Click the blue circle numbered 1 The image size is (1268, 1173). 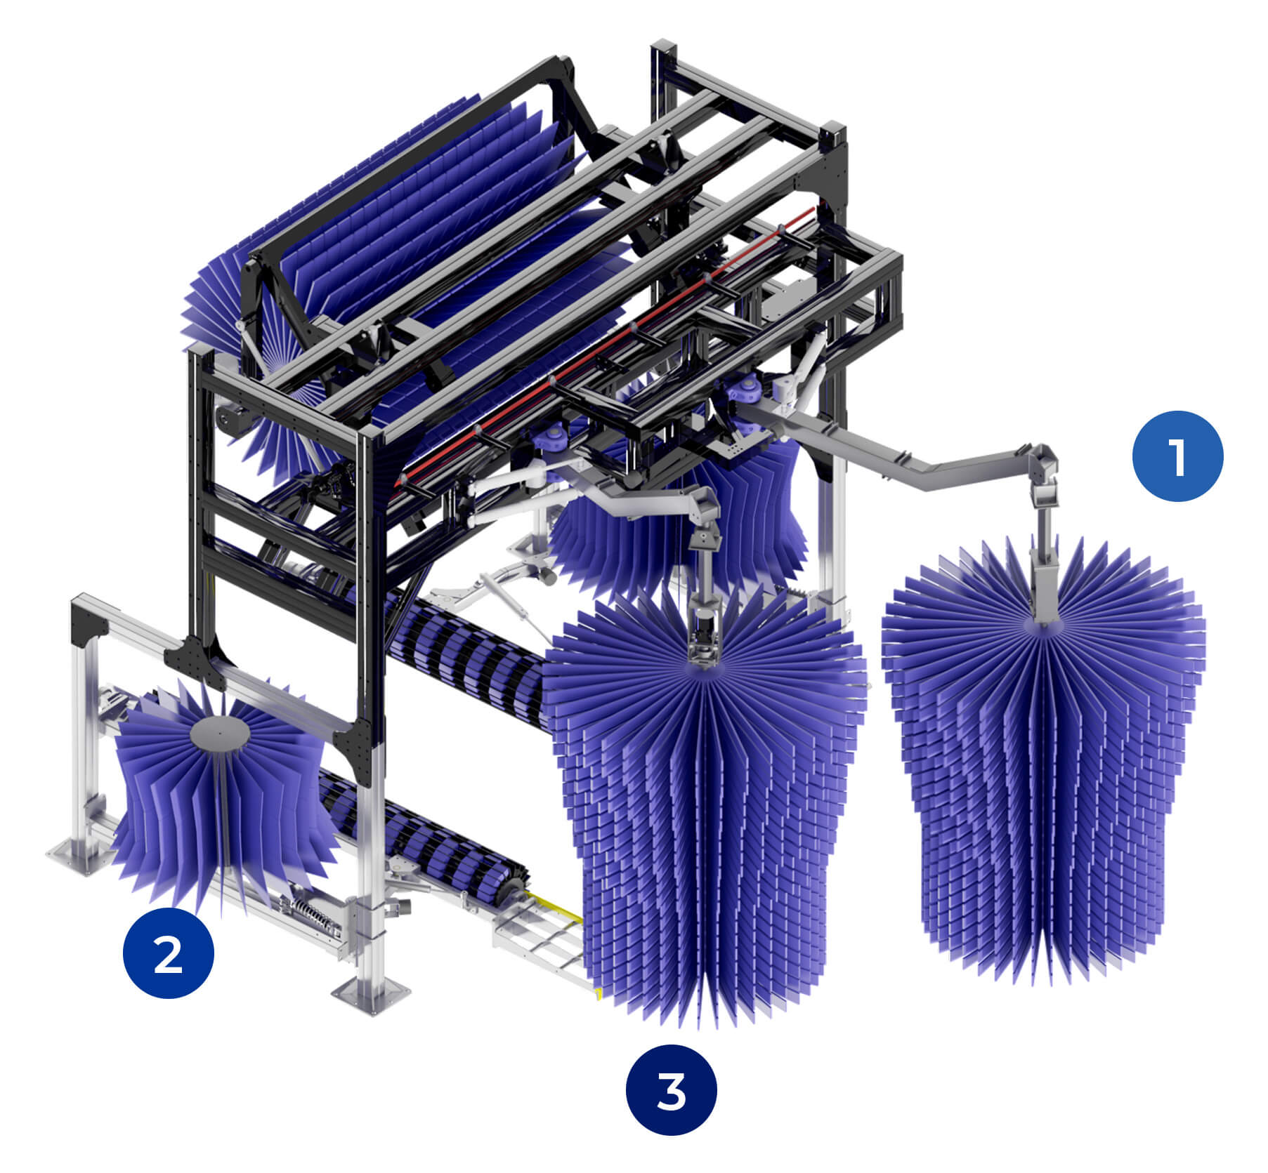pyautogui.click(x=1177, y=456)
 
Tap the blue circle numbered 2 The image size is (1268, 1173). pyautogui.click(x=168, y=953)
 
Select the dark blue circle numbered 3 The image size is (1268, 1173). pyautogui.click(x=672, y=1091)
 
